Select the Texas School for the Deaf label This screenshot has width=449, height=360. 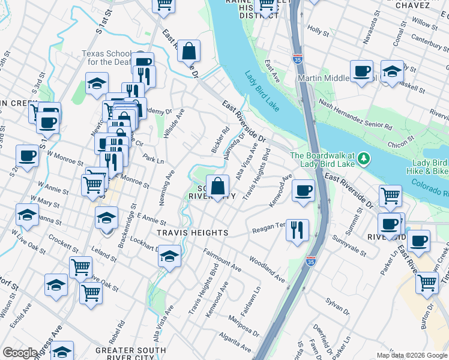click(109, 58)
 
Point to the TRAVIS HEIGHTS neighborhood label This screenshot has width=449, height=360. click(184, 232)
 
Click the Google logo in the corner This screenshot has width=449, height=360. click(20, 353)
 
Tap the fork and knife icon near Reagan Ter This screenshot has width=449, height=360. click(297, 229)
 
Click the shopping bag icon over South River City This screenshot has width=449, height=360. click(217, 185)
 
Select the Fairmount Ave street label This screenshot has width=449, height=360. click(222, 261)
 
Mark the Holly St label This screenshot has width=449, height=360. click(315, 28)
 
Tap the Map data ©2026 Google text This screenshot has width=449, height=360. click(411, 355)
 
